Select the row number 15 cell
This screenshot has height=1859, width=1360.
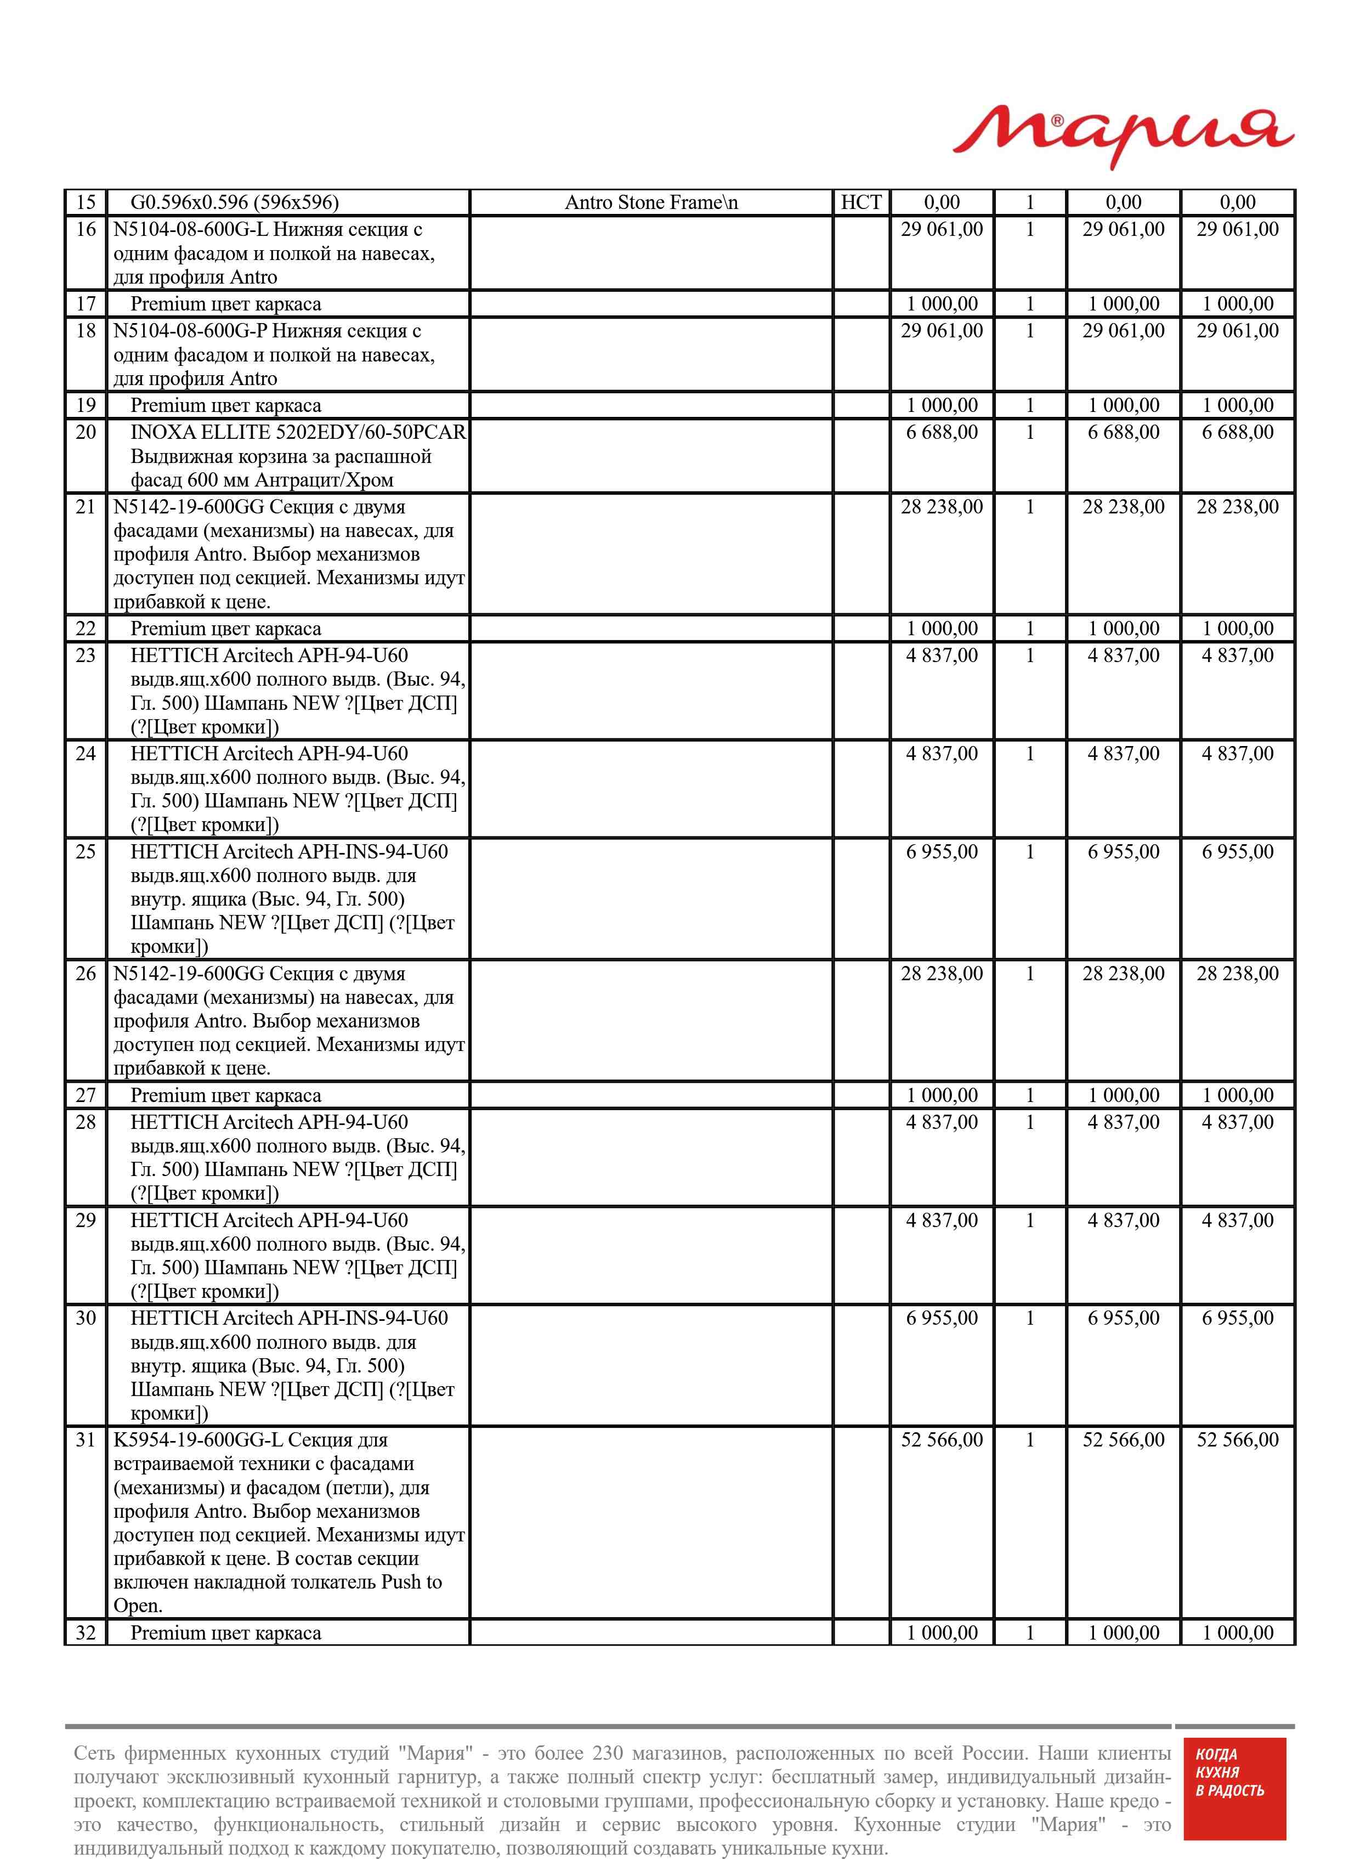pyautogui.click(x=86, y=202)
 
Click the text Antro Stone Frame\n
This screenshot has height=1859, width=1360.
pyautogui.click(x=651, y=202)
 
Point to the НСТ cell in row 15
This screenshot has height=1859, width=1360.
pyautogui.click(x=861, y=202)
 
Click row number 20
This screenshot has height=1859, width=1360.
pyautogui.click(x=86, y=432)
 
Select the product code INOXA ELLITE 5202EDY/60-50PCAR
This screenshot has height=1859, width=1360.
pyautogui.click(x=298, y=432)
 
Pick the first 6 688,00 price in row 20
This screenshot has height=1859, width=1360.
pyautogui.click(x=942, y=432)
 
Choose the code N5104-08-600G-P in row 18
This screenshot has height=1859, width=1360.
pyautogui.click(x=190, y=331)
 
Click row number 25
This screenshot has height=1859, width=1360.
pyautogui.click(x=86, y=852)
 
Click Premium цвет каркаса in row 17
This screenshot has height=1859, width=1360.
pyautogui.click(x=225, y=304)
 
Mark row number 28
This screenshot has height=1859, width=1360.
pyautogui.click(x=86, y=1122)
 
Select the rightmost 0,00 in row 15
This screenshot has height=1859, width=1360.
pyautogui.click(x=1237, y=202)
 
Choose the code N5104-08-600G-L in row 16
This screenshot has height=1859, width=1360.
pyautogui.click(x=191, y=230)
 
